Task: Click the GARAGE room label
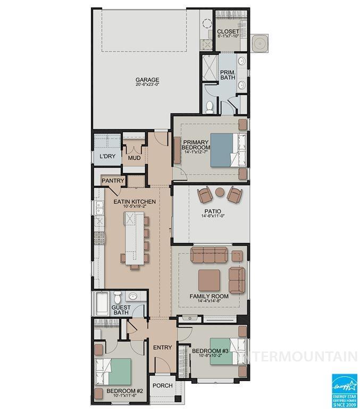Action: [147, 80]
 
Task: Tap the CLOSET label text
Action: [228, 32]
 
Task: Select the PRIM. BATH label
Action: [228, 74]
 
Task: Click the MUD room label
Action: [134, 158]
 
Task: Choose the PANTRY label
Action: [113, 181]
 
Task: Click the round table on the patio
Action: [220, 192]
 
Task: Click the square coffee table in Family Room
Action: [210, 280]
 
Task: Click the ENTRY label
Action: [162, 348]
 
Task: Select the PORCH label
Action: [162, 386]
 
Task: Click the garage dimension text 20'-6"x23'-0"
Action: [147, 86]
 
